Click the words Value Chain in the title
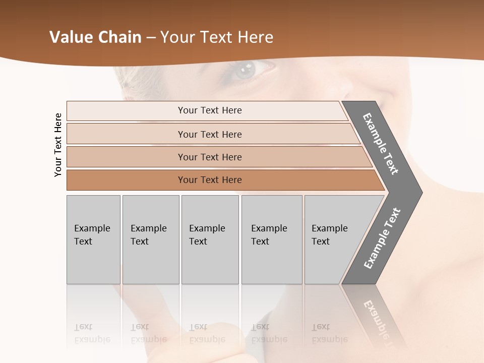coord(95,37)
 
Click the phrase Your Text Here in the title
coord(217,37)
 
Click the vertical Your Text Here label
coord(58,145)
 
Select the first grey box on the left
coord(93,239)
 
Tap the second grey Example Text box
coord(150,239)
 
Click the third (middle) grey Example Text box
coord(210,239)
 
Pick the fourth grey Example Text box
coord(271,239)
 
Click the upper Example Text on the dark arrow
coord(381,144)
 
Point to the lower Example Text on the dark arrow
coord(382,238)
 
